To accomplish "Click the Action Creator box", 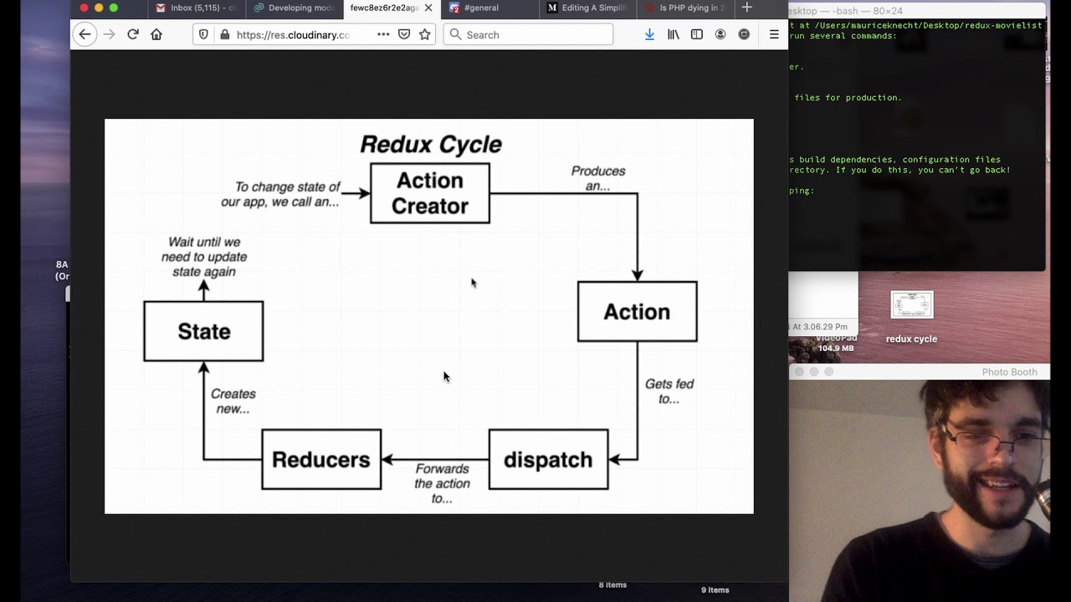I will coord(429,193).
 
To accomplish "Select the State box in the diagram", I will coord(203,331).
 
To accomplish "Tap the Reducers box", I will coord(321,459).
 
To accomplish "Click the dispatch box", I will coord(548,459).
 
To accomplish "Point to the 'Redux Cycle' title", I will coord(430,144).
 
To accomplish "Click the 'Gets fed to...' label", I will coord(669,391).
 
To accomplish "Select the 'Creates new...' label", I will coord(233,401).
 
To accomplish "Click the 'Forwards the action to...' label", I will coord(442,483).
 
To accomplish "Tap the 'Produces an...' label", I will coord(597,178).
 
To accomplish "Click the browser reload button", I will coord(132,34).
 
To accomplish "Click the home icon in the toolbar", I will coord(156,34).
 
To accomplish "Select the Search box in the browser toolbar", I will coord(529,34).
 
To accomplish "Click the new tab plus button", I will coord(746,8).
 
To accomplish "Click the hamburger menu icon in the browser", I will coord(774,34).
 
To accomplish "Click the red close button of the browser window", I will coord(84,8).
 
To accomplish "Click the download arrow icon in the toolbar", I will coord(649,34).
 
